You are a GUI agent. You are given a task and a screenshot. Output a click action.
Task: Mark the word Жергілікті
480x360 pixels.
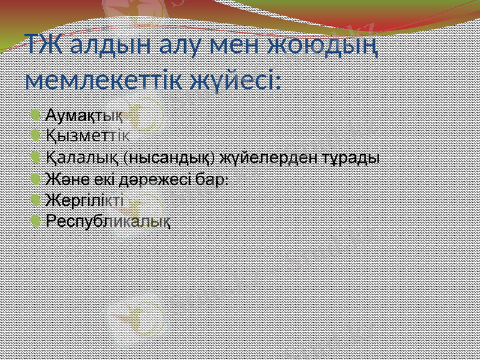85,200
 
